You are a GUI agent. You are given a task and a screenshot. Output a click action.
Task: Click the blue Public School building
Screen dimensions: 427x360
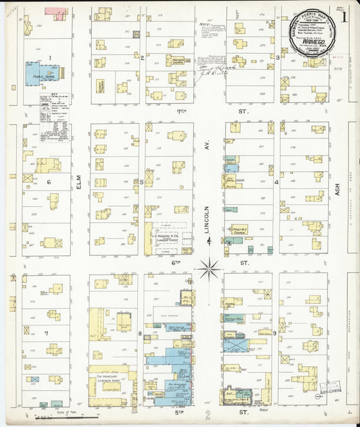click(x=41, y=73)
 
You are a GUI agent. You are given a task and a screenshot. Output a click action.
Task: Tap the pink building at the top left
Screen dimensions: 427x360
click(x=55, y=13)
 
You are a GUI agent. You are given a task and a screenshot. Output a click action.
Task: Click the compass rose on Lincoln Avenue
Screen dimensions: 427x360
click(x=209, y=268)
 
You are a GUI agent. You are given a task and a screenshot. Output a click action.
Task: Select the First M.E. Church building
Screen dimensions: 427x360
click(x=238, y=231)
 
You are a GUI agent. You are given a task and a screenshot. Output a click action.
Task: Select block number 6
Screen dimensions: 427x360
click(x=48, y=182)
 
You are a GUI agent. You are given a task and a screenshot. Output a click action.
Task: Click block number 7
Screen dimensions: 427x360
click(x=46, y=334)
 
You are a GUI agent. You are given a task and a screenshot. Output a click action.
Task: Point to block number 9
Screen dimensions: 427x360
click(x=274, y=333)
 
